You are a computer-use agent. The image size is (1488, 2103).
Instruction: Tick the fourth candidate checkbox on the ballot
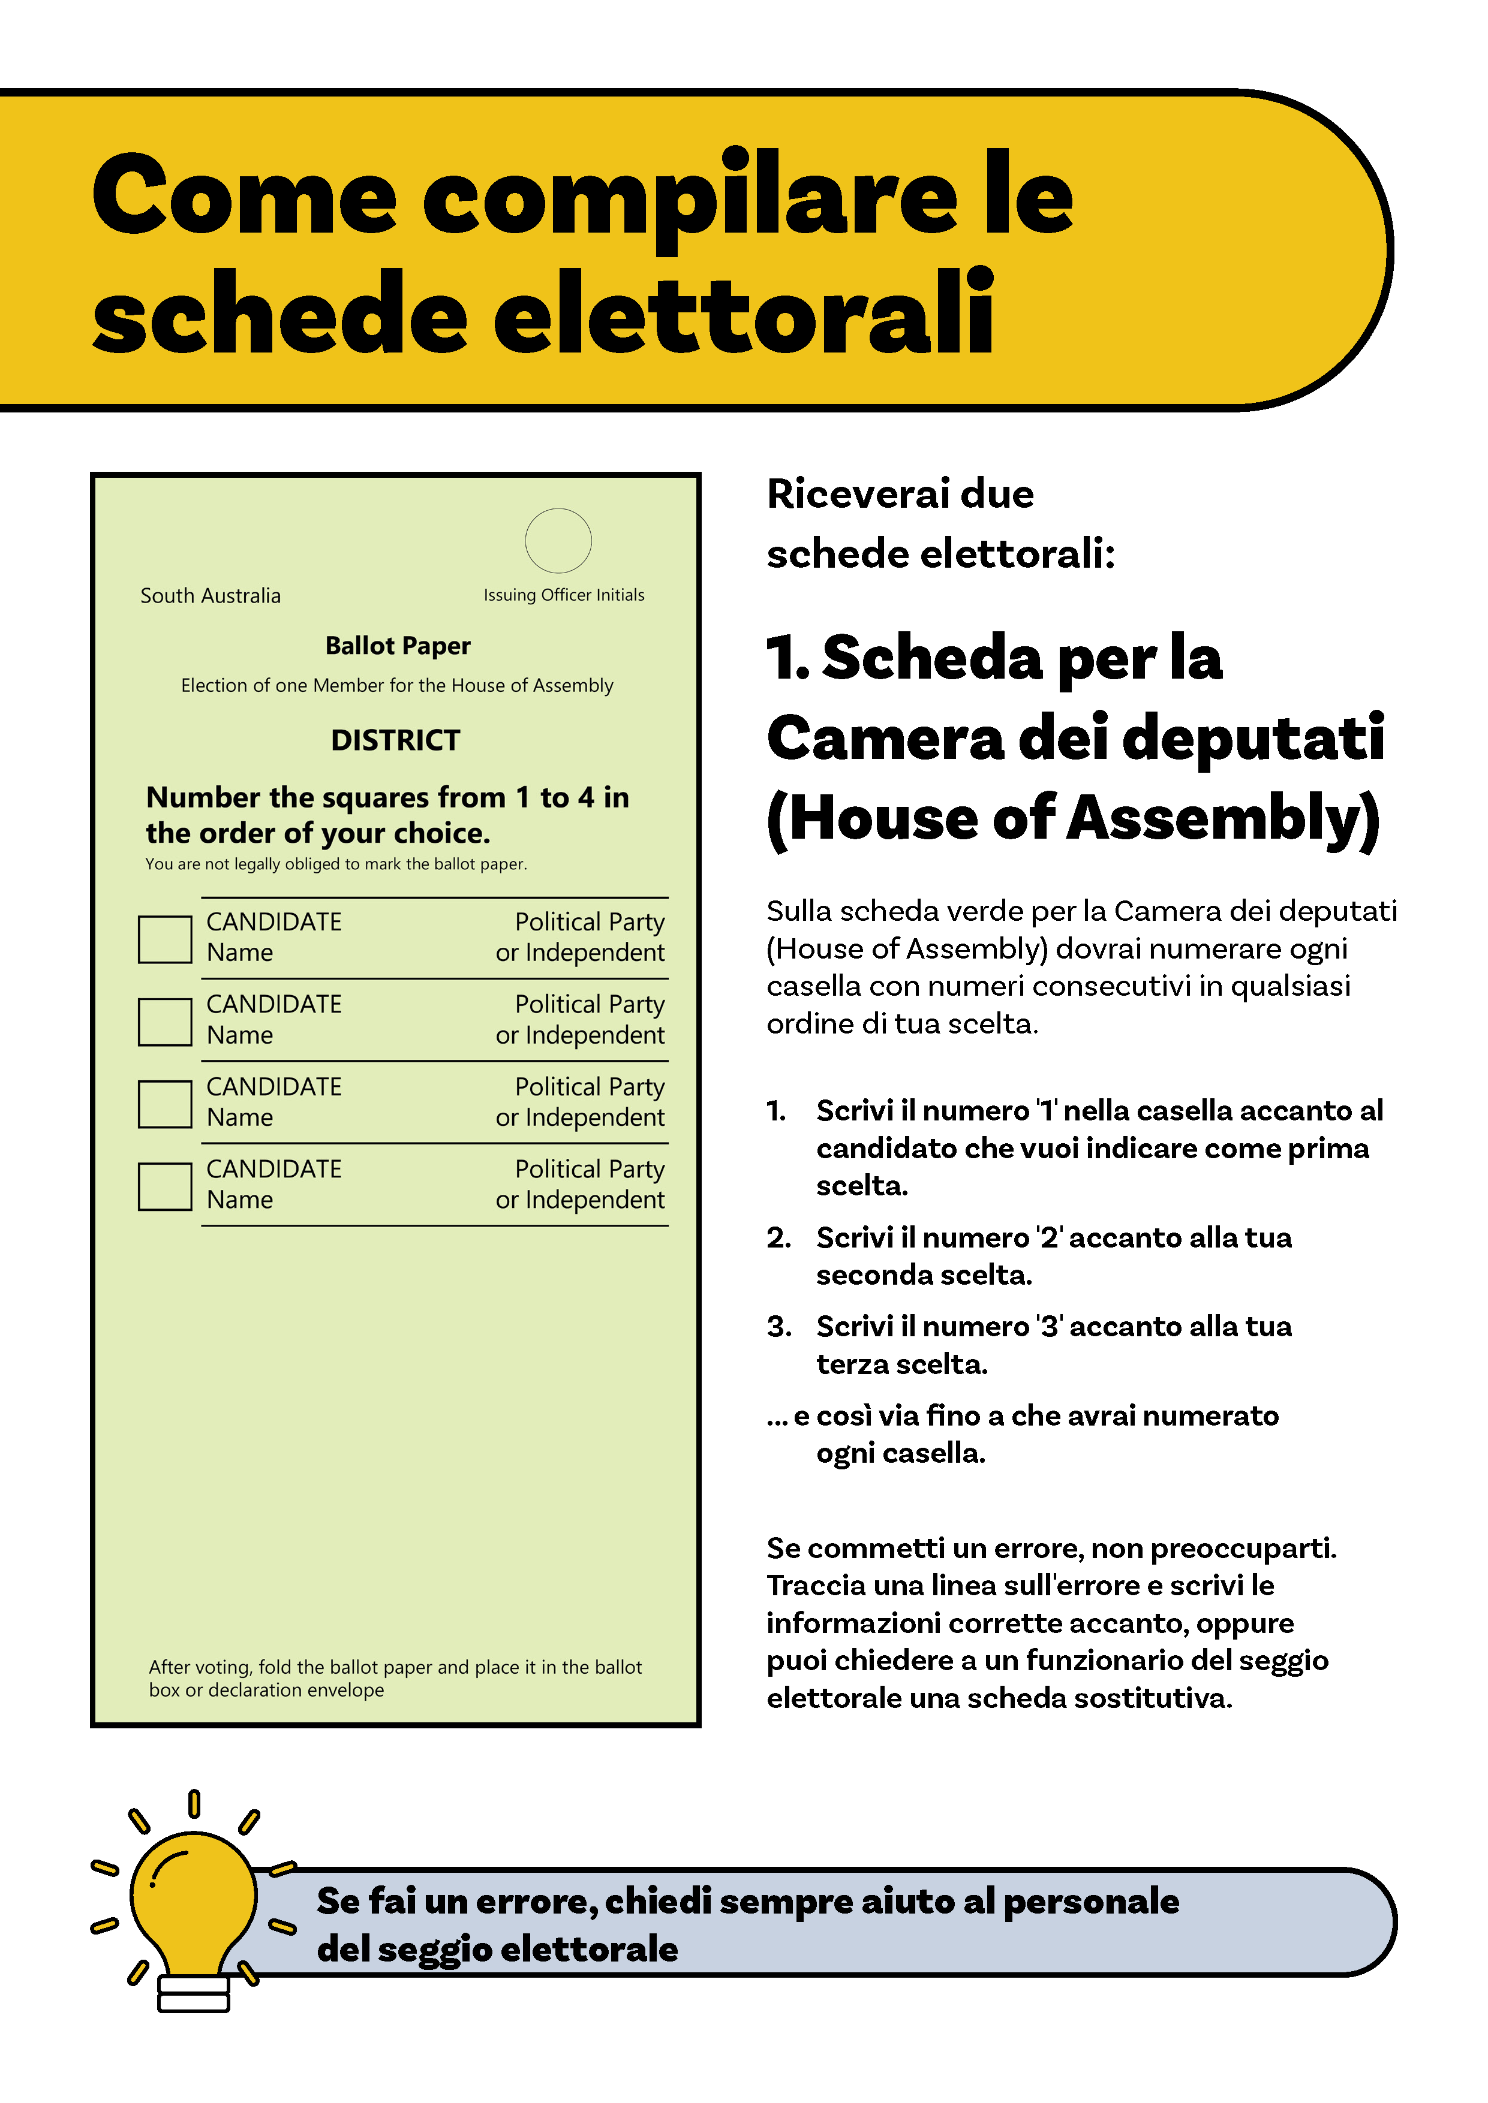tap(165, 1186)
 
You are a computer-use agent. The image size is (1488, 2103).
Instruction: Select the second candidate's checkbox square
tap(165, 1022)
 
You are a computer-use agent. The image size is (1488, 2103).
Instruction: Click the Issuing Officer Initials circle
tap(558, 540)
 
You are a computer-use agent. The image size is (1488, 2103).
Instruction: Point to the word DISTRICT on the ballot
tap(396, 740)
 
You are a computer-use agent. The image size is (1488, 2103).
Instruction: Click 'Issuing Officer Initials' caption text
tap(564, 595)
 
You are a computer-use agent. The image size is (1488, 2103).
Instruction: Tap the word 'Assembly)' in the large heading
tap(1223, 817)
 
